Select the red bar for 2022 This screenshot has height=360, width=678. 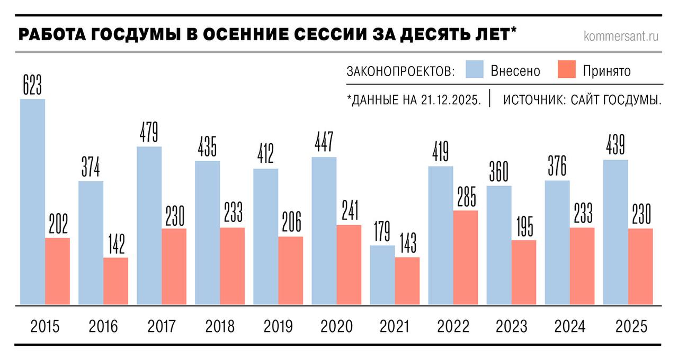[466, 257]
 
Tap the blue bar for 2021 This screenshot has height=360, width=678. [382, 275]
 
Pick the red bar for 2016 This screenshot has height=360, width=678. [115, 281]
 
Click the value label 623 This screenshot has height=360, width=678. [32, 85]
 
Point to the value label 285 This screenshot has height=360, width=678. [466, 197]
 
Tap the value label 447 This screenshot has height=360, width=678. [324, 143]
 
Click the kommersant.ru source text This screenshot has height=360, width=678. [621, 36]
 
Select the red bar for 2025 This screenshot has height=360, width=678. [640, 266]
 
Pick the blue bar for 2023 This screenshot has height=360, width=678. [499, 245]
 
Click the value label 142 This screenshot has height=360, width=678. [115, 244]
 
